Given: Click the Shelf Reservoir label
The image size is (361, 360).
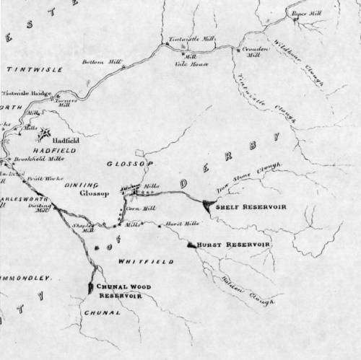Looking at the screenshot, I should click(x=256, y=206).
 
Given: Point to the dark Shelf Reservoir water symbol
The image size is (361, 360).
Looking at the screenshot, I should click(x=209, y=206).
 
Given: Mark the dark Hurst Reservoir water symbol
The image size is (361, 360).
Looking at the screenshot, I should click(x=191, y=245).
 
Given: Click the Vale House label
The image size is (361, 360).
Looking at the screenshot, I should click(x=196, y=63).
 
